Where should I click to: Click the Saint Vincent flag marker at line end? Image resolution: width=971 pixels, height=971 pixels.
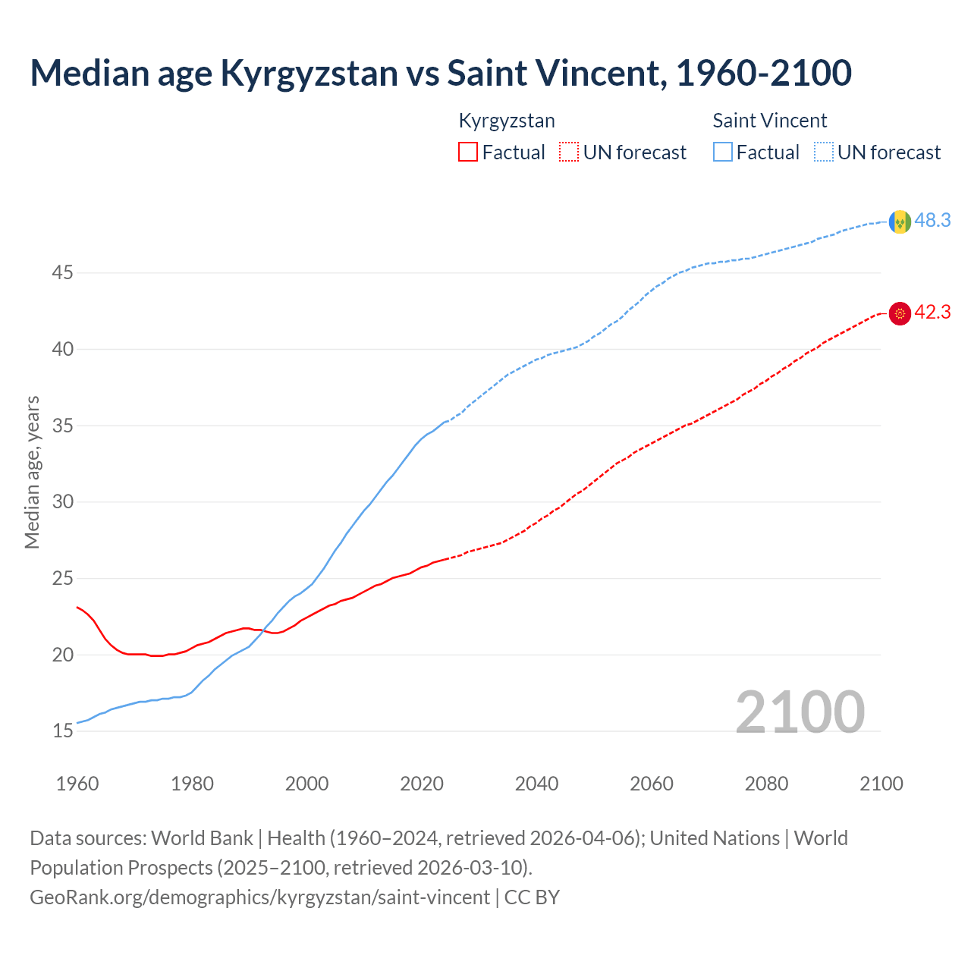(900, 222)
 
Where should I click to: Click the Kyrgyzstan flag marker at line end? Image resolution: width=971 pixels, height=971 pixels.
(900, 313)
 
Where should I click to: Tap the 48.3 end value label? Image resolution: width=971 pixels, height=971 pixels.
(932, 221)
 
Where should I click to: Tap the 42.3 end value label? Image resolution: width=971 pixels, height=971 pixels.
(932, 313)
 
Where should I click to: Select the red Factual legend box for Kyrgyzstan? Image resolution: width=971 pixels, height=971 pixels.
(468, 152)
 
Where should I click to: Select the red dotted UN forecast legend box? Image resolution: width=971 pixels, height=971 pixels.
(569, 152)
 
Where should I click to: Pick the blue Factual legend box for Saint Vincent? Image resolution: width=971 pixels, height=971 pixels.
(723, 152)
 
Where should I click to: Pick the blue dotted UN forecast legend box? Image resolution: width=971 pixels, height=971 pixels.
(824, 152)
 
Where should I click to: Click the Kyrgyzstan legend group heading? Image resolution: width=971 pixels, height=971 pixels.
(507, 121)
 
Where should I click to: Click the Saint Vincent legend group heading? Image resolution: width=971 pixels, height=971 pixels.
(769, 121)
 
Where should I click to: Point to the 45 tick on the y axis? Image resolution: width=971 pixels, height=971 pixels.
(62, 272)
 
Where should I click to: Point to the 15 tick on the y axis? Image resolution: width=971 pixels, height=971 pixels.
(62, 731)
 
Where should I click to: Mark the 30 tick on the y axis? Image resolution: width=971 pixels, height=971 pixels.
(62, 502)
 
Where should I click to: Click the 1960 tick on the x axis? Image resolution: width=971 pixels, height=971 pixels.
(77, 784)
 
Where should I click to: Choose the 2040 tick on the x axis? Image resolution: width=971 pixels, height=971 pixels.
(536, 784)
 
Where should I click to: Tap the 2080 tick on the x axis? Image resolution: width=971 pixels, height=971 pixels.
(766, 784)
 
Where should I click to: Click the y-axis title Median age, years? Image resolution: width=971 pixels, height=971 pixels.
(32, 472)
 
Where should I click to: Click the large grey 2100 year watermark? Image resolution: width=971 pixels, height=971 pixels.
(800, 712)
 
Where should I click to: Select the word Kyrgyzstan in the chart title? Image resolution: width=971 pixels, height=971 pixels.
(309, 74)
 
